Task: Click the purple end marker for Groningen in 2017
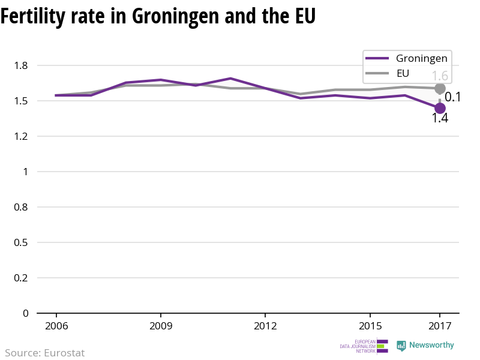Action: [x=440, y=108]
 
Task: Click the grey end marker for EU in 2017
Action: [x=440, y=89]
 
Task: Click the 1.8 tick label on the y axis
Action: [x=22, y=65]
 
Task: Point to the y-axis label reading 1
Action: [x=26, y=172]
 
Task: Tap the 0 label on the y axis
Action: [x=26, y=313]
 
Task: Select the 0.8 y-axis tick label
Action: [x=22, y=207]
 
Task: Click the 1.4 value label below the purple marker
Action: [x=440, y=118]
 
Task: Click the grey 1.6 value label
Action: [x=440, y=76]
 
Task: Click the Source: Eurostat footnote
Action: [x=45, y=353]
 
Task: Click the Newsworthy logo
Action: [x=425, y=346]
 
